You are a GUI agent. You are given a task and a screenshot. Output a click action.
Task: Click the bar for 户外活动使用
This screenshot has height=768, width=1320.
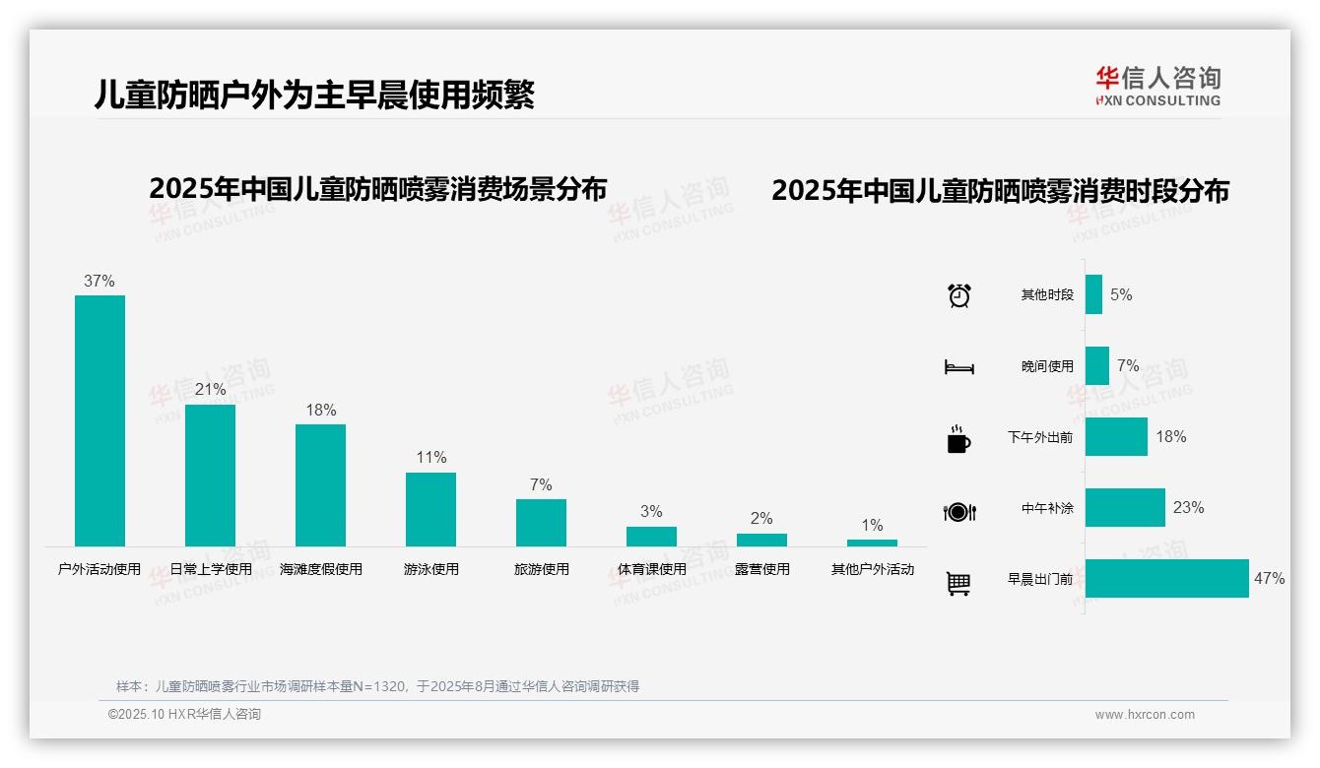[99, 420]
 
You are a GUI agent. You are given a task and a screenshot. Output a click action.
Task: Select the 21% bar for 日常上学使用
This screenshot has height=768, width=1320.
[210, 475]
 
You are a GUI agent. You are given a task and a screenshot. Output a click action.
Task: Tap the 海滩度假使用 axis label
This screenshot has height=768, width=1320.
[321, 569]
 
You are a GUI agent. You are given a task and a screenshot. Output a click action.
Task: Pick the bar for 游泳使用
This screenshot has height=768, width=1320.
[430, 509]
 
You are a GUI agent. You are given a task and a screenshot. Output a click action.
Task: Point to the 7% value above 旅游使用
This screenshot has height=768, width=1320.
[541, 484]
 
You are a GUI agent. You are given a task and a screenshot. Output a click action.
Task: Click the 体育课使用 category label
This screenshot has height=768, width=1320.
[652, 569]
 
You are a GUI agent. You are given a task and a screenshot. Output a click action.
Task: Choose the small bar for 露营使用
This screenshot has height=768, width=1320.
[761, 540]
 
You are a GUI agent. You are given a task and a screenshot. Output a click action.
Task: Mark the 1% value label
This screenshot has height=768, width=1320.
[872, 525]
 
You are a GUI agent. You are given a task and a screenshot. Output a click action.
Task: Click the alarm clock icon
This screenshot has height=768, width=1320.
[958, 295]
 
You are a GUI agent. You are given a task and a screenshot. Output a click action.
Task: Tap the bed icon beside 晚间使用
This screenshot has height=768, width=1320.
[958, 367]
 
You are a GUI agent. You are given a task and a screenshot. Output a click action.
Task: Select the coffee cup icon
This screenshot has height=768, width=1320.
[957, 439]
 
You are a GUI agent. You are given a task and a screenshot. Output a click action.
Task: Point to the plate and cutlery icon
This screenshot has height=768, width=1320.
[958, 511]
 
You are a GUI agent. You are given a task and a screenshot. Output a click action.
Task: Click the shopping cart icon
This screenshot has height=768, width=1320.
[957, 583]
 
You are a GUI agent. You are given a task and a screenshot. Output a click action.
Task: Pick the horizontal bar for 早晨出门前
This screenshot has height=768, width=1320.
[1166, 579]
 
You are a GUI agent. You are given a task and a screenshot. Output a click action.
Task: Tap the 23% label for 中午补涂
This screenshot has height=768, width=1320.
[1188, 508]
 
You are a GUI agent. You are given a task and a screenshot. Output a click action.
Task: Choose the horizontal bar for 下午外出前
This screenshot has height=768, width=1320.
[1116, 437]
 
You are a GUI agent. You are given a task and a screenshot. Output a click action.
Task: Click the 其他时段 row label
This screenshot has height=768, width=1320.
[1047, 295]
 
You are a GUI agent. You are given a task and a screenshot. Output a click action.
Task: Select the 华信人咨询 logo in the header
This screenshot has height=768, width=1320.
[1157, 86]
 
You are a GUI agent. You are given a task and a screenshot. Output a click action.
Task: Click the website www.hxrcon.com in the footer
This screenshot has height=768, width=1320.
[1145, 715]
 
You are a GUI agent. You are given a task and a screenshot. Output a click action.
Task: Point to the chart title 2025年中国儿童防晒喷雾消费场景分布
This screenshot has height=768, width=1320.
[377, 189]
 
